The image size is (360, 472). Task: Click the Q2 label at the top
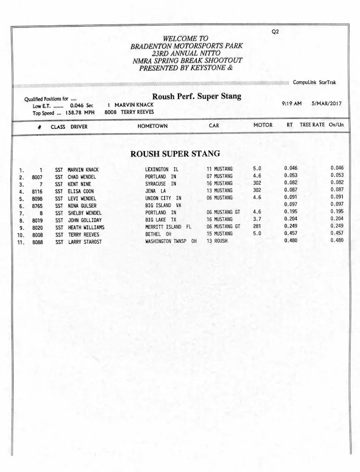coord(275,31)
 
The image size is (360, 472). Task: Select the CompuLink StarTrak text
coord(314,83)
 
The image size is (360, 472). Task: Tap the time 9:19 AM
coord(291,104)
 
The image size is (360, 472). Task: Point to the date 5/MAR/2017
coord(326,104)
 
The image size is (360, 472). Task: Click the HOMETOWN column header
coord(152,126)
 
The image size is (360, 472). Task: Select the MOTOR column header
coord(263,126)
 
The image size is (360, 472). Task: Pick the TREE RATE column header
coord(312,126)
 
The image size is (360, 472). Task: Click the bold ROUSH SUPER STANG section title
coord(175,154)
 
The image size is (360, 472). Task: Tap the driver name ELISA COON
coord(81,192)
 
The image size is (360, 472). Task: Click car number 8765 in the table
coord(37,206)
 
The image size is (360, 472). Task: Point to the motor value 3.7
coord(257,220)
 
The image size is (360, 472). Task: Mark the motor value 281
coord(257,227)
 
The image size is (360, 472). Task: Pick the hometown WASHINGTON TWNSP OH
coord(171,242)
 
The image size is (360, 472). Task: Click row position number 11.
coord(21,242)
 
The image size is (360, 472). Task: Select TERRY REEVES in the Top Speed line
coord(137,112)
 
